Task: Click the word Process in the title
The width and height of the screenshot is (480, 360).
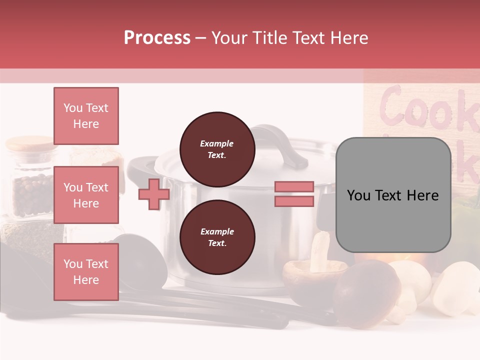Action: coord(157,38)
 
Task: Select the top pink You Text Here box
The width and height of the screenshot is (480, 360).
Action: coord(86,116)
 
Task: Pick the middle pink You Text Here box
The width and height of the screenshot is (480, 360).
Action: coord(86,195)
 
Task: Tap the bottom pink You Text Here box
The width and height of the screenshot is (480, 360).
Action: coord(86,272)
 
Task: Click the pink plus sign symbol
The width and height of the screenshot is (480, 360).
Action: coord(153,194)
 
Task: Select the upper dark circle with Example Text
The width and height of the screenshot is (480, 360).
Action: coord(217,149)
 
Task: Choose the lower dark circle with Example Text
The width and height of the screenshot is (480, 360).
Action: coord(217,237)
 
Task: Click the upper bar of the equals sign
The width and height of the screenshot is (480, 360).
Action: coord(294,187)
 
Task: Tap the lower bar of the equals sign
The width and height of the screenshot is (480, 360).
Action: coord(294,201)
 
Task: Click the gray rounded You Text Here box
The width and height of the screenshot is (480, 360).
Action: coord(393,195)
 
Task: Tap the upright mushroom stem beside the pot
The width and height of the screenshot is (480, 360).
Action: coord(319,252)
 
